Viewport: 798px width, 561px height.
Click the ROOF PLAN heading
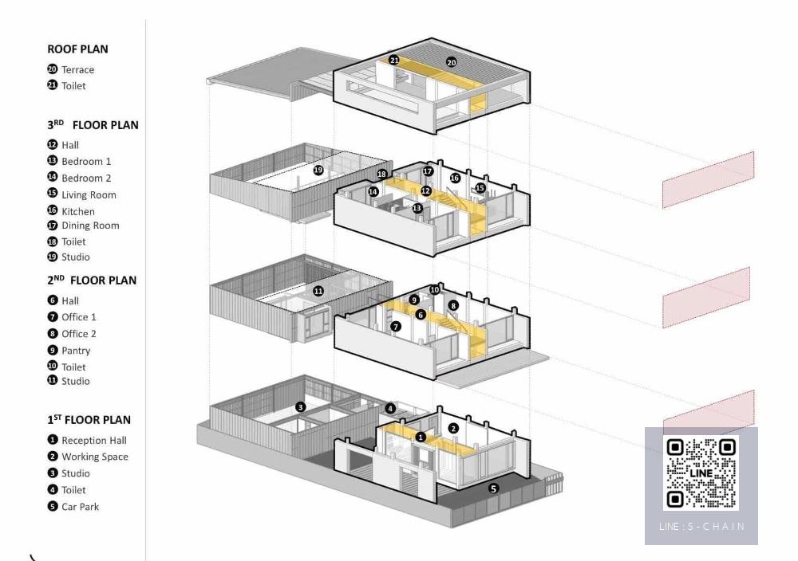[77, 49]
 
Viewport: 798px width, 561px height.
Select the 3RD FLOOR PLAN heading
[93, 125]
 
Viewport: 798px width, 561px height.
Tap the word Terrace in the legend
[77, 69]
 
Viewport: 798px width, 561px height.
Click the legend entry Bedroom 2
[86, 178]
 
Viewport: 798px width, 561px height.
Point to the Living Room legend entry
[89, 194]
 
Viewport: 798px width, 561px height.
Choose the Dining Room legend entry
[90, 226]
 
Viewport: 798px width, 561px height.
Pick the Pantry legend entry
[76, 351]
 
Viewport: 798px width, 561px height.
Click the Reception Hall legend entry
[94, 441]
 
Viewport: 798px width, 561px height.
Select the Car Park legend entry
[80, 507]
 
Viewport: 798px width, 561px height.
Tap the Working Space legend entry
[94, 457]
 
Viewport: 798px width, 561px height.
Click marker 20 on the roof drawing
[452, 62]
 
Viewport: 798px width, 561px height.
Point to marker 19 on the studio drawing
[318, 170]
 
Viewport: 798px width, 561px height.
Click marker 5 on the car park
[493, 488]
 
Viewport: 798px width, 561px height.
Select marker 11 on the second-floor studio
[318, 291]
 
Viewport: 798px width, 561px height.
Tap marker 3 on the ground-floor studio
[300, 407]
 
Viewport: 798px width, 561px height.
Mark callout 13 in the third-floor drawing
[417, 208]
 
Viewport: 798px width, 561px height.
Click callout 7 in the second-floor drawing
[396, 327]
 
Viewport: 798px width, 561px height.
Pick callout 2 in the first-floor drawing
[453, 429]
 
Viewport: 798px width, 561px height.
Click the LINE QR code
[701, 473]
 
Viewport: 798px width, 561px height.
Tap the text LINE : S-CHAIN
[701, 527]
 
